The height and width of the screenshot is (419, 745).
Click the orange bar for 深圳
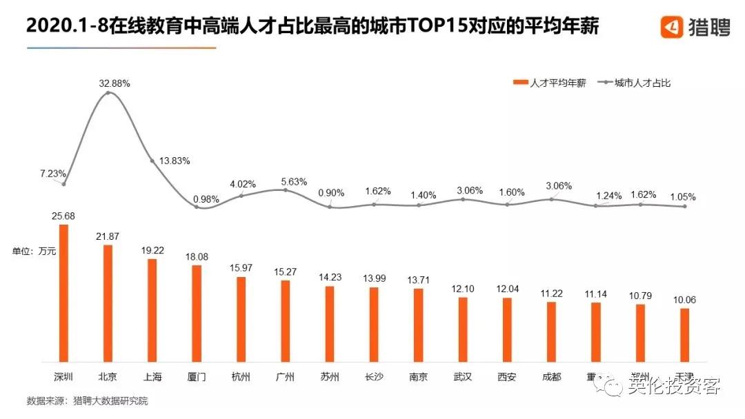63,293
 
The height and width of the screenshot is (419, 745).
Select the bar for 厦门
197,314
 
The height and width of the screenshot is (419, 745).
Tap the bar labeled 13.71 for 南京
418,325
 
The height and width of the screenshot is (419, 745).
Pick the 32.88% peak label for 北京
115,83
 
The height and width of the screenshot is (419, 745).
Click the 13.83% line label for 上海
175,161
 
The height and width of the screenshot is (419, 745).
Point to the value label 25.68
63,216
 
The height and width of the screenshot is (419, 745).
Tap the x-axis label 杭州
241,377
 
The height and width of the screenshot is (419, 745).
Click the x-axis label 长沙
374,377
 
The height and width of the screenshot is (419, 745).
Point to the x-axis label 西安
507,377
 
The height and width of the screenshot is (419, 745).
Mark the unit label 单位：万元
34,252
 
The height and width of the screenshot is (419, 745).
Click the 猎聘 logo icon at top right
672,27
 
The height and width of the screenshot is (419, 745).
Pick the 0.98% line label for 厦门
207,200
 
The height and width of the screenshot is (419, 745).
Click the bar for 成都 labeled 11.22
551,331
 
